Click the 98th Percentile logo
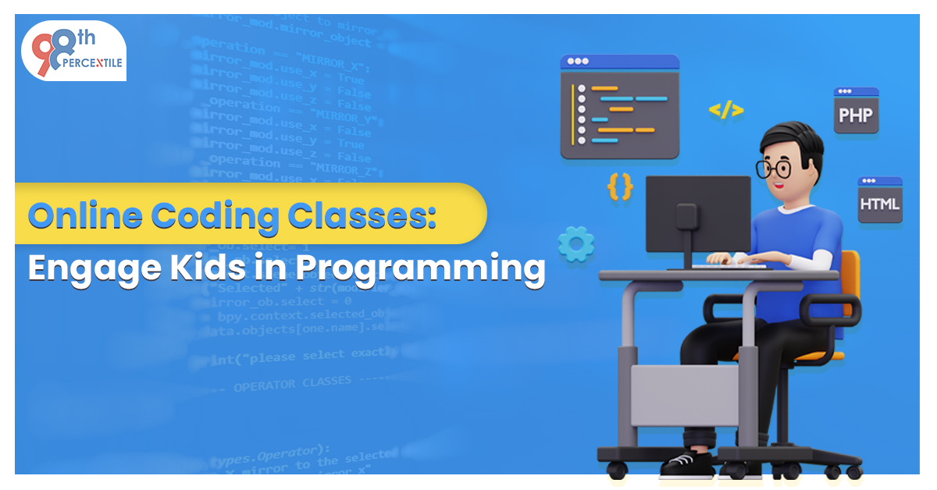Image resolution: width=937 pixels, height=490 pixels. click(73, 51)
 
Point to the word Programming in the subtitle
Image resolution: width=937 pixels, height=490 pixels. click(419, 268)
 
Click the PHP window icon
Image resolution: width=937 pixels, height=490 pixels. click(856, 110)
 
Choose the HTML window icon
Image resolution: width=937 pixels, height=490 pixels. click(879, 200)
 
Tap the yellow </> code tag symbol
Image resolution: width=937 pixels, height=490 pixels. click(725, 110)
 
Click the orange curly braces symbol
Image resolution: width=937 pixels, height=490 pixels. click(619, 187)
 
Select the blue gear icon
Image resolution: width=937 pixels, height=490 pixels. click(576, 243)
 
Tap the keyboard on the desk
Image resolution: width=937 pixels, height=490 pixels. click(726, 265)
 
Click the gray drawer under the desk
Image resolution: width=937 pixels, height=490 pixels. click(684, 396)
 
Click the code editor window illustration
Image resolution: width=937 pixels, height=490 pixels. click(619, 106)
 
